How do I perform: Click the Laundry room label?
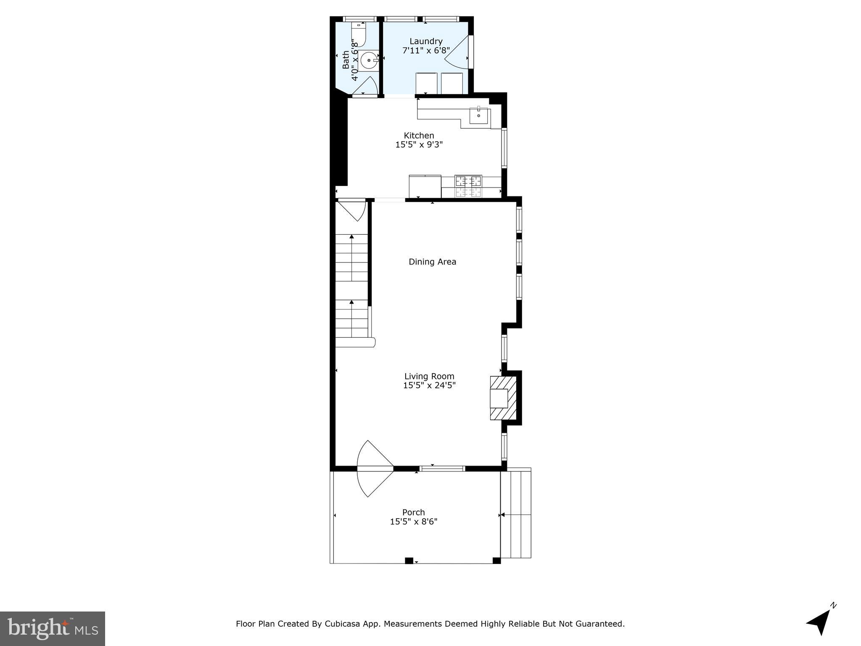426,41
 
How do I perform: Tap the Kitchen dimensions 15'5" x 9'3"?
419,145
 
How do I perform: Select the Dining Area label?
432,262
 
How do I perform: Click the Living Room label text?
429,376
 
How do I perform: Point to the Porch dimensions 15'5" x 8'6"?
414,522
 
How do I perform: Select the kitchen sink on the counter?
479,115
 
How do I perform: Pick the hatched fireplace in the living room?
503,398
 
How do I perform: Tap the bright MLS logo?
53,628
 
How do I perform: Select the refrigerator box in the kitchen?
425,186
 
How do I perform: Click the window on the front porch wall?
442,468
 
